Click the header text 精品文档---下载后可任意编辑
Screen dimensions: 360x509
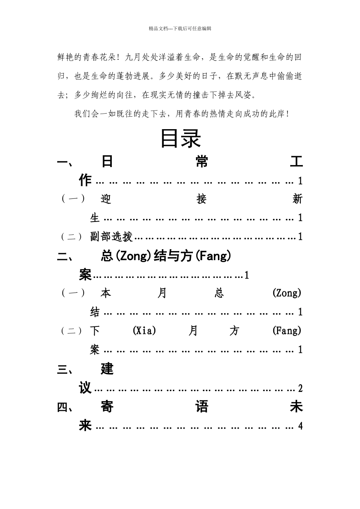[180, 28]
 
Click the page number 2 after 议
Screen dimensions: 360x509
[300, 389]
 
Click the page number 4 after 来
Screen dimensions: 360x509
[300, 426]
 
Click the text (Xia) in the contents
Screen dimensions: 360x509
[144, 331]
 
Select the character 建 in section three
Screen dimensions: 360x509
[107, 369]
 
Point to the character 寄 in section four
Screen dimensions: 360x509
[107, 407]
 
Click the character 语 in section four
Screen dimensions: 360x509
[202, 407]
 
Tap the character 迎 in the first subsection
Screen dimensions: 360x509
[106, 199]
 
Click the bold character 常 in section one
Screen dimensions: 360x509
[202, 162]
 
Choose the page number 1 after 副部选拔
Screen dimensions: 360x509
[300, 237]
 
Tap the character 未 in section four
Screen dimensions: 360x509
[296, 407]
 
